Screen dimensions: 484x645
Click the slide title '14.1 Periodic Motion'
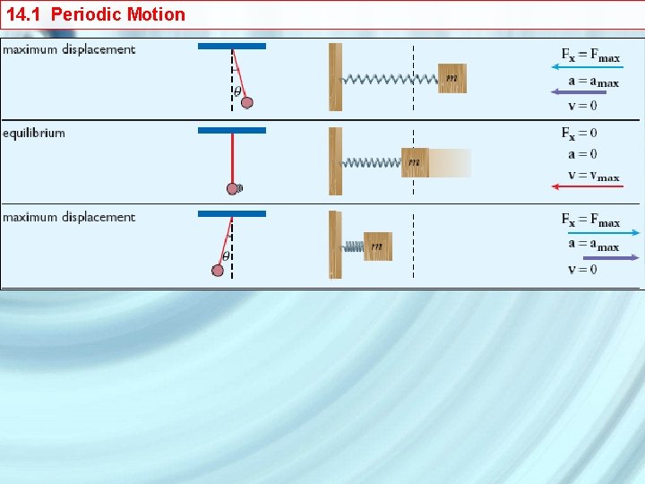pyautogui.click(x=96, y=14)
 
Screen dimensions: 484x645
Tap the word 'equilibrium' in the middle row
pyautogui.click(x=34, y=134)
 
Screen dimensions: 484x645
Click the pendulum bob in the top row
pyautogui.click(x=247, y=102)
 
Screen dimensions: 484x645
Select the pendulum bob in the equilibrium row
pyautogui.click(x=233, y=188)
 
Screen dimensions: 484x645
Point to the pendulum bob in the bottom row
pyautogui.click(x=218, y=270)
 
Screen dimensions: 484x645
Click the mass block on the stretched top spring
pyautogui.click(x=452, y=78)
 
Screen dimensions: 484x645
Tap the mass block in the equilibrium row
pyautogui.click(x=415, y=162)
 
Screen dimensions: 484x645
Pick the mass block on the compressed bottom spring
pyautogui.click(x=378, y=246)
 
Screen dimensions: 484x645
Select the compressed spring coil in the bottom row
pyautogui.click(x=353, y=246)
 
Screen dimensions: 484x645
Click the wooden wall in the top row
pyautogui.click(x=335, y=77)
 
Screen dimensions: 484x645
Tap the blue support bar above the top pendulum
pyautogui.click(x=232, y=46)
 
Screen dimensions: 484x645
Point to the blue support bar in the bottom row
pyautogui.click(x=232, y=213)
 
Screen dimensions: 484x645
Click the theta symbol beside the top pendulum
pyautogui.click(x=237, y=91)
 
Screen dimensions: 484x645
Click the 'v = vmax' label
pyautogui.click(x=590, y=176)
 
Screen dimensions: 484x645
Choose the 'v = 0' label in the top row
pyautogui.click(x=582, y=106)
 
